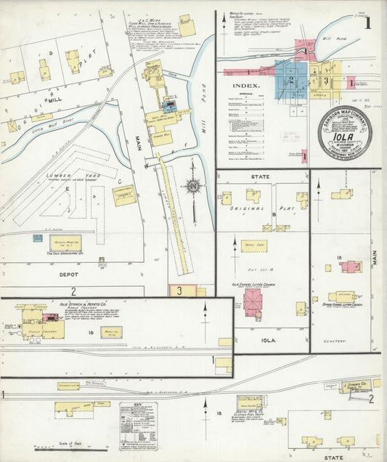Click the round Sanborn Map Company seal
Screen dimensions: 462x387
tap(344, 133)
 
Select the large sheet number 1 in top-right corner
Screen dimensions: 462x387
tap(368, 23)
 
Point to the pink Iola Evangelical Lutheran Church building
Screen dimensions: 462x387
tap(253, 300)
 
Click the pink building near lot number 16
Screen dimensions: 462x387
tap(351, 267)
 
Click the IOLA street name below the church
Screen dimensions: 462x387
tap(259, 339)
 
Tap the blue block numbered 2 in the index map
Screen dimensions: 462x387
tap(290, 79)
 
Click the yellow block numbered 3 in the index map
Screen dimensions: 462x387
tap(327, 81)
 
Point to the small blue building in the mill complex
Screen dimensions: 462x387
tap(171, 105)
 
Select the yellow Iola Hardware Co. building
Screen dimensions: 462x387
tap(65, 243)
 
